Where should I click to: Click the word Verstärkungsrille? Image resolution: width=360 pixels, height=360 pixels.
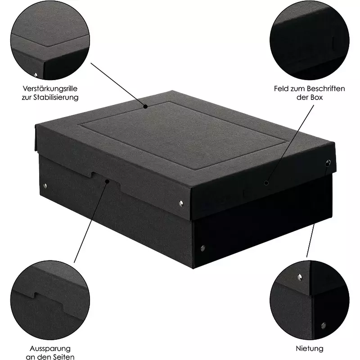50,89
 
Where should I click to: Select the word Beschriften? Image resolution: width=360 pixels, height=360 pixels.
325,89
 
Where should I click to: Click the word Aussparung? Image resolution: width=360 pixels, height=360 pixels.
50,348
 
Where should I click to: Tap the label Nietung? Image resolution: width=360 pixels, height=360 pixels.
310,348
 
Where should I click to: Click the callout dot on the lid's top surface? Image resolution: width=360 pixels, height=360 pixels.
145,107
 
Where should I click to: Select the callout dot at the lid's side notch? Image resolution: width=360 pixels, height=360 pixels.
107,181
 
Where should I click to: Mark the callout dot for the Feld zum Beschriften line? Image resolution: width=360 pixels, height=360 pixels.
266,183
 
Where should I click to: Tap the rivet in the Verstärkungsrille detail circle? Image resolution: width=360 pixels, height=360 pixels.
36,75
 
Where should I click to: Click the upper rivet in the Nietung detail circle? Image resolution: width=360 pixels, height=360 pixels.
300,277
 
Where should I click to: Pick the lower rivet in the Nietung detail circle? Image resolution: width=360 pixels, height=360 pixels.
324,325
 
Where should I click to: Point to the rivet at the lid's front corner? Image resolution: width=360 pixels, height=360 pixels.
181,203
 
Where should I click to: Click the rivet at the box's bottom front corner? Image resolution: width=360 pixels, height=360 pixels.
203,248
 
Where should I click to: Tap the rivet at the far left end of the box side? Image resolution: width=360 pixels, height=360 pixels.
45,185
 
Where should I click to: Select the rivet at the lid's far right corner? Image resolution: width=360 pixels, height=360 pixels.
328,163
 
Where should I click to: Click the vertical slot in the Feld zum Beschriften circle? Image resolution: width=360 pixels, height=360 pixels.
333,43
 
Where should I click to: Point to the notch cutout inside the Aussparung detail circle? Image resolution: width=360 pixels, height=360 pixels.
49,299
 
